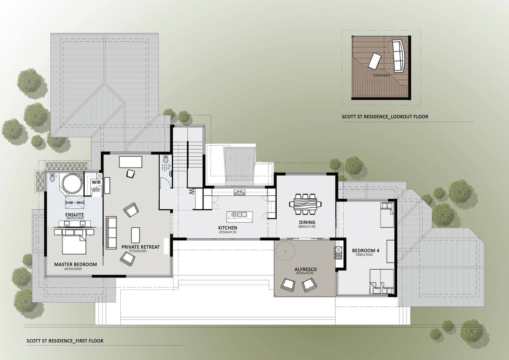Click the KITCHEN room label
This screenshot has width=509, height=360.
(228, 228)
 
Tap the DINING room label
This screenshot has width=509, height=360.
(307, 222)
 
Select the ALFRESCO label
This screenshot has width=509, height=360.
(305, 269)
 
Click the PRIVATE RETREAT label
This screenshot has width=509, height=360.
(141, 247)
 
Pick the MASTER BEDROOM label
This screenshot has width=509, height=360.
(75, 264)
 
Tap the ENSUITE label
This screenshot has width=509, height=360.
(75, 214)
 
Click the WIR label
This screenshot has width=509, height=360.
(96, 182)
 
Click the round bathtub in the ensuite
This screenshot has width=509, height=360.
(72, 184)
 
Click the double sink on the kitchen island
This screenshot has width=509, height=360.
(241, 214)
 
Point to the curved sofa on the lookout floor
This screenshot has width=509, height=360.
(398, 56)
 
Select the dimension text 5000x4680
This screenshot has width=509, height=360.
(381, 75)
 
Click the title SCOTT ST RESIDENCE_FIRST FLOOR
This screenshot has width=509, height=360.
(65, 341)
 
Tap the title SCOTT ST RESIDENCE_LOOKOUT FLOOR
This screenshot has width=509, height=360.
(385, 117)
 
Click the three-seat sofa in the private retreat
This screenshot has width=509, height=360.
(111, 232)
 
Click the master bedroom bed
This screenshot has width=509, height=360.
(74, 244)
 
